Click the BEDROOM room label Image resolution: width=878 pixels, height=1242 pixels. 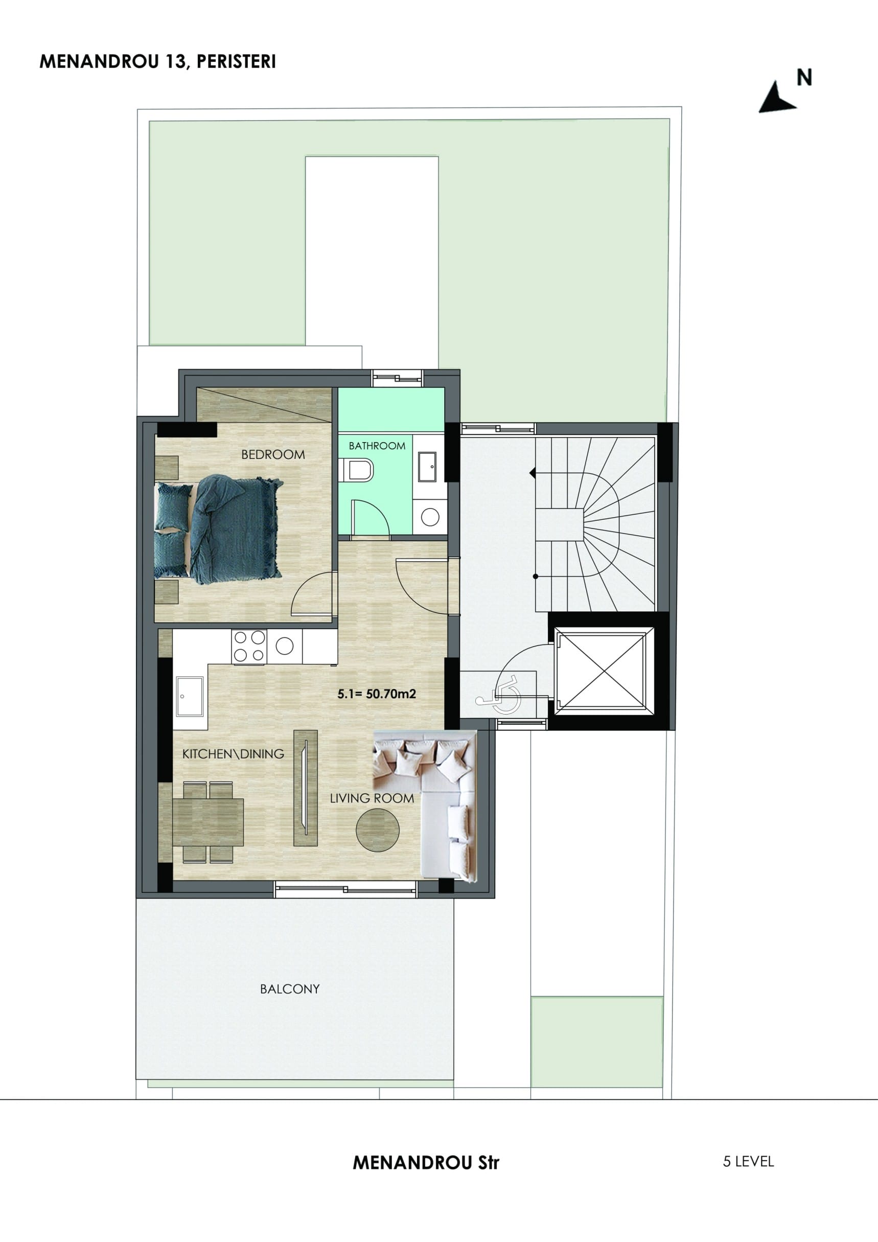[x=273, y=454]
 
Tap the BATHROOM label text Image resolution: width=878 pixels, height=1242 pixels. [x=377, y=446]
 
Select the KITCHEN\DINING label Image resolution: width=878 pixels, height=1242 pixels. [x=233, y=753]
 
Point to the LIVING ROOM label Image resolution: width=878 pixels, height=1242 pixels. [x=372, y=798]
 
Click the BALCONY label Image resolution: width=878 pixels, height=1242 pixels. [x=290, y=989]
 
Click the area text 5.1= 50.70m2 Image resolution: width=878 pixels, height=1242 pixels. [x=377, y=694]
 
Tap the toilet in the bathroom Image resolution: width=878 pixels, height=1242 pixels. [x=358, y=470]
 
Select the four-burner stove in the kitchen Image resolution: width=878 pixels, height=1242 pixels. [x=249, y=647]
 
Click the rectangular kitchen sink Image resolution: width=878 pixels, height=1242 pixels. [x=189, y=696]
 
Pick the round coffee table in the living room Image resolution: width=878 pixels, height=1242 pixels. [x=378, y=831]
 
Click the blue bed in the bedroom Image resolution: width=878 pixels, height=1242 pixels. [x=219, y=529]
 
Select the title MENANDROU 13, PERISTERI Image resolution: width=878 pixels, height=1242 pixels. [x=158, y=62]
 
